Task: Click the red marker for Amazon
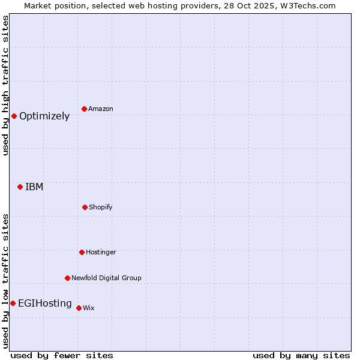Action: point(84,109)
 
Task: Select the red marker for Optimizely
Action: point(14,116)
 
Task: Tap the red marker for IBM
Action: point(20,187)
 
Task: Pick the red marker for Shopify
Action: point(85,207)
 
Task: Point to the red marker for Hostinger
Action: point(82,252)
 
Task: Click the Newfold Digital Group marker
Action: point(67,278)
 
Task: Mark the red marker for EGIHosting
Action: point(13,303)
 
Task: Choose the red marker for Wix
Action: point(79,308)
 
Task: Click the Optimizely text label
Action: point(44,116)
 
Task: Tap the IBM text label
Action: point(34,187)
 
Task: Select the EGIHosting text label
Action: point(45,304)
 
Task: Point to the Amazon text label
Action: point(101,109)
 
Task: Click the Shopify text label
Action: point(101,208)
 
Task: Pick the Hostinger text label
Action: point(101,253)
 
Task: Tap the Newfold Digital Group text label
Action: point(106,278)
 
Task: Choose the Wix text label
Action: point(89,308)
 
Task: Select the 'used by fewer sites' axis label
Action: point(62,355)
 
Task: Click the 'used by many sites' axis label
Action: point(301,355)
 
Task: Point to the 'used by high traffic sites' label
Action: point(6,85)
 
